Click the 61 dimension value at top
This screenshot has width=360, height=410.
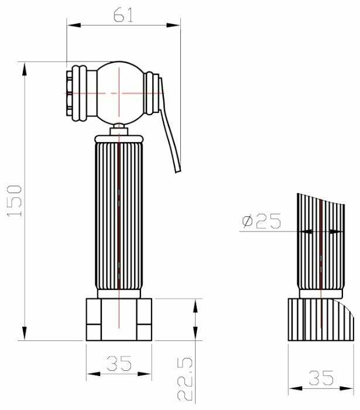pyautogui.click(x=124, y=15)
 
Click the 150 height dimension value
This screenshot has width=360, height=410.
pyautogui.click(x=14, y=201)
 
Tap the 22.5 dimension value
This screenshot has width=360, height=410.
pyautogui.click(x=185, y=379)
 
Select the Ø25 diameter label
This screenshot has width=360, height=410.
pyautogui.click(x=262, y=221)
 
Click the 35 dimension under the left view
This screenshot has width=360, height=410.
pyautogui.click(x=119, y=363)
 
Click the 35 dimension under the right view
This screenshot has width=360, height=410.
pyautogui.click(x=321, y=378)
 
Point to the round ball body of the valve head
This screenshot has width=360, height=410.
pyautogui.click(x=120, y=93)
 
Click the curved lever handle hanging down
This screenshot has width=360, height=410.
pyautogui.click(x=170, y=126)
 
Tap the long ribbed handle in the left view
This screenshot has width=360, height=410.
pyautogui.click(x=119, y=216)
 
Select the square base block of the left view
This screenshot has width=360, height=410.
pyautogui.click(x=119, y=319)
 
